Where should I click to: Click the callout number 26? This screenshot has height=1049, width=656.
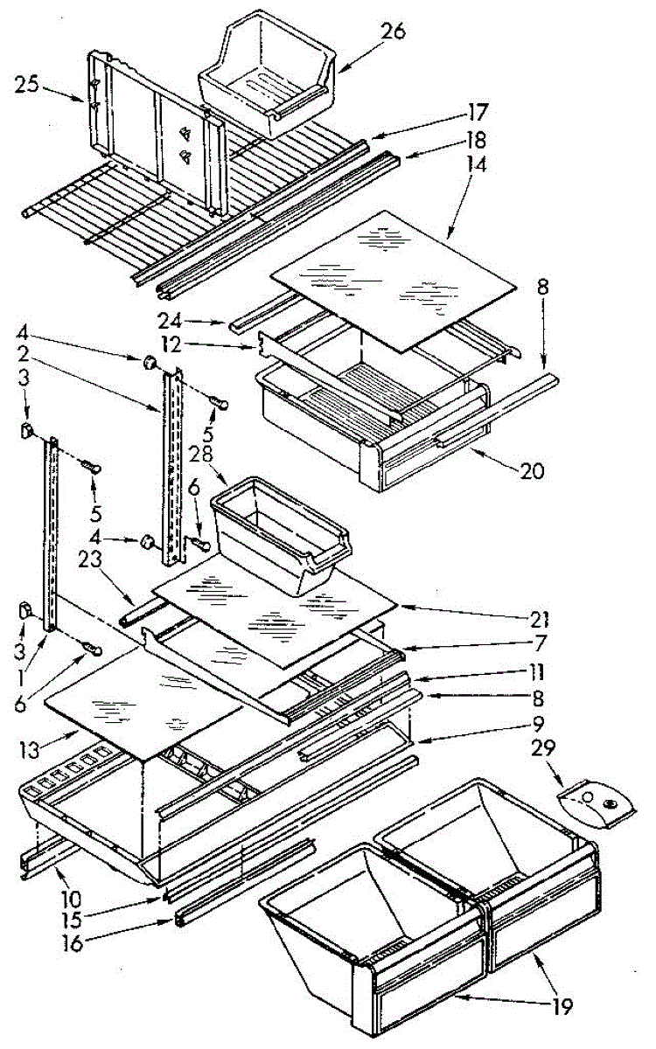394,32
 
